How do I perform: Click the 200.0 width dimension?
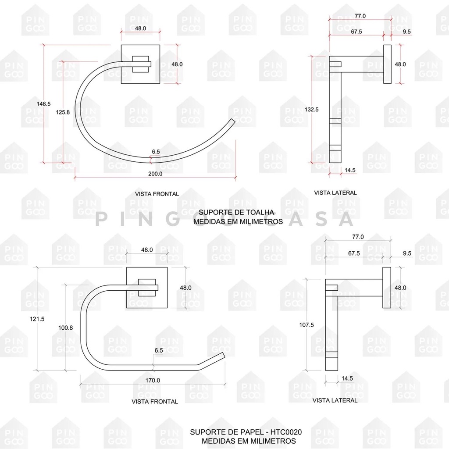tap(155, 174)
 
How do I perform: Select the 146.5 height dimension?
tap(44, 104)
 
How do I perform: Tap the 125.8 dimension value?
tap(63, 112)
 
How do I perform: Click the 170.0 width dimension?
tap(153, 380)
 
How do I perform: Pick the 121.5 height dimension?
tap(38, 319)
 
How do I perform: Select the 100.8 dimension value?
tap(66, 327)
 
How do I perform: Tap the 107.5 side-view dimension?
tap(307, 325)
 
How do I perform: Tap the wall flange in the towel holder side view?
tap(387, 64)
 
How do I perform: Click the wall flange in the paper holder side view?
tap(387, 288)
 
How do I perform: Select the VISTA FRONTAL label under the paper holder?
tap(155, 401)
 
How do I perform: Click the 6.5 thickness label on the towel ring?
tap(156, 152)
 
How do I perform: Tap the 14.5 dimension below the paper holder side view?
tap(347, 378)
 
